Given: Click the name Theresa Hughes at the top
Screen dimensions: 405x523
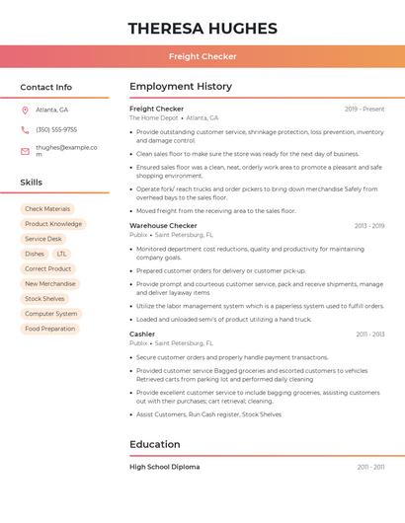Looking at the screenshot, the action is pos(202,29).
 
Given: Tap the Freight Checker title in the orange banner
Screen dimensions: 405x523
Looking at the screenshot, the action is pos(202,56).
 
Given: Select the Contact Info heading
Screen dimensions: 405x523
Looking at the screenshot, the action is pos(46,87).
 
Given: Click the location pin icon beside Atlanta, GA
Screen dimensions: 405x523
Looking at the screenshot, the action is pos(25,110).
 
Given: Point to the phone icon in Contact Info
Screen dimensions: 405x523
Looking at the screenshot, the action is pos(25,129).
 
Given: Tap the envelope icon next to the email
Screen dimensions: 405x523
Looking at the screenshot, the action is pos(25,151).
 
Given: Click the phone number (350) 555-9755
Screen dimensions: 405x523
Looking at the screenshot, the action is pos(56,129).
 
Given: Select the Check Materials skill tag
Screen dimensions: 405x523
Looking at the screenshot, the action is pos(47,209).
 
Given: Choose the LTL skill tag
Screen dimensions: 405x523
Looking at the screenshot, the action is pos(62,254).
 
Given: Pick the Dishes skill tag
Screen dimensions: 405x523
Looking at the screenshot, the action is pos(35,254).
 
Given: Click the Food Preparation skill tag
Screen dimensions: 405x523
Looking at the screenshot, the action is pos(50,329).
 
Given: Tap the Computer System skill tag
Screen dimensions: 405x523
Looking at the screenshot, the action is pos(51,314).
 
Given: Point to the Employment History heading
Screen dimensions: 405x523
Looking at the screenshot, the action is pos(181,87).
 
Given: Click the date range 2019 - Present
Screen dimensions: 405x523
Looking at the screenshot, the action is pos(364,109).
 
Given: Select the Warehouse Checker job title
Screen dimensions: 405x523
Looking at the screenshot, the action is pos(163,226).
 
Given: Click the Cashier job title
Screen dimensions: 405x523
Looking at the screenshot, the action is pos(142,335).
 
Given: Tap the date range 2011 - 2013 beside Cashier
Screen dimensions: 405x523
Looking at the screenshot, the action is pos(370,335).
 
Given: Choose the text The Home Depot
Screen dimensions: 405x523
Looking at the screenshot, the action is pos(154,117).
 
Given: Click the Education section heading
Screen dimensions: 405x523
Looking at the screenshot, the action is pos(155,444).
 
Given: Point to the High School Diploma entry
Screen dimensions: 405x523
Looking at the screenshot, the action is pos(165,467).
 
